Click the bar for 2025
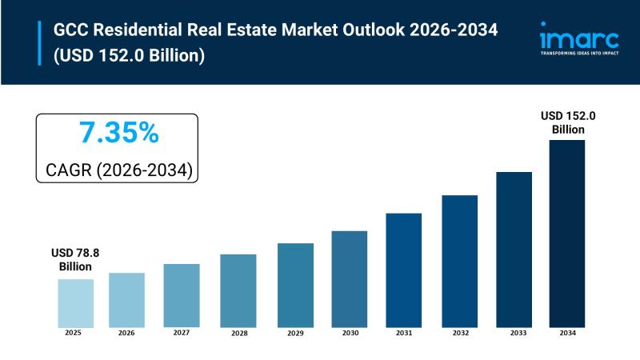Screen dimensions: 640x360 point(75,303)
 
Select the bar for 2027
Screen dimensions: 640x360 point(182,295)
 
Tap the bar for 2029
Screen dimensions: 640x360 point(295,286)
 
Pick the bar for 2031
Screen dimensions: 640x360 point(404,270)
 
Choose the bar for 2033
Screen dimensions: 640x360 point(514,250)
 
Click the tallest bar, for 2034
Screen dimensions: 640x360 point(567,234)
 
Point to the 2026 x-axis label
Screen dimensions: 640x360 point(126,333)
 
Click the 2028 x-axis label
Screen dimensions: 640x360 point(239,334)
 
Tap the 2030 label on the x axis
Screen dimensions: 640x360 point(350,333)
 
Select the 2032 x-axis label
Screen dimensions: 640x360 point(461,333)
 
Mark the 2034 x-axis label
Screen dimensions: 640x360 point(567,333)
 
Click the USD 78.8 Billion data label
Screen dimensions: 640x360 point(75,259)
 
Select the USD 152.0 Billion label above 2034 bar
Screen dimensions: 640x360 point(568,122)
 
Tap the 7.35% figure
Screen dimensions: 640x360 point(118,132)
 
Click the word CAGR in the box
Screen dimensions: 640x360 point(69,170)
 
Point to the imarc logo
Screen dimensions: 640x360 point(579,38)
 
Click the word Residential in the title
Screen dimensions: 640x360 point(138,30)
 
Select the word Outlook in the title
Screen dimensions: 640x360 point(374,30)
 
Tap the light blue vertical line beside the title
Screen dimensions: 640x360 point(39,43)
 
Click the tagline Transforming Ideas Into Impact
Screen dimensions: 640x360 point(579,53)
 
